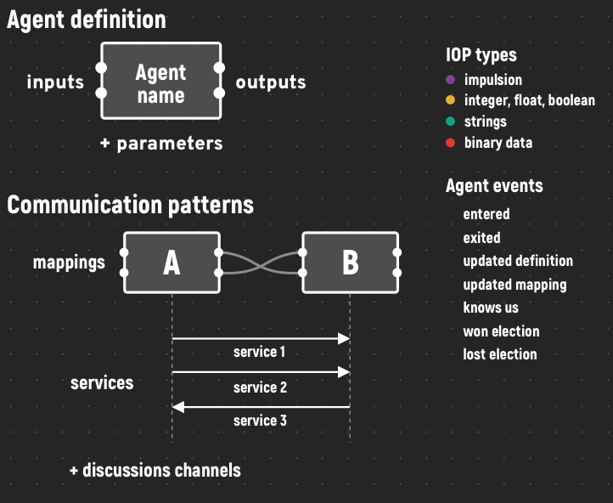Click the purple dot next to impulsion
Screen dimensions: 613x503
coord(450,80)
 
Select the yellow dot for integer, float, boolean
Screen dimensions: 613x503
coord(450,100)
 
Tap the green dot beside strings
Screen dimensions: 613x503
coord(450,122)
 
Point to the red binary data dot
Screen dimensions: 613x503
coord(450,143)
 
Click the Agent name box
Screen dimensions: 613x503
coord(161,81)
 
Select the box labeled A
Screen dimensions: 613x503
coord(172,263)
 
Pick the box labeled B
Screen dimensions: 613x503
coord(351,263)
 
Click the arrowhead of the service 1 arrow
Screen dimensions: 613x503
coord(344,338)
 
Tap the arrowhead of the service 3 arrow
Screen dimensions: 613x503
coord(178,407)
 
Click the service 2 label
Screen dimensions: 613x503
coord(260,387)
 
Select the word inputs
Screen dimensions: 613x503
coord(55,82)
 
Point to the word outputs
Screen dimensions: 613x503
coord(271,82)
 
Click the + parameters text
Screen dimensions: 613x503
coord(161,144)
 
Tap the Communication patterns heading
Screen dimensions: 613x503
coord(131,205)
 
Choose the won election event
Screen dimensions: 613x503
coord(501,331)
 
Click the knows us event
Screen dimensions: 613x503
coord(491,308)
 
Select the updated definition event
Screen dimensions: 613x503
coord(518,261)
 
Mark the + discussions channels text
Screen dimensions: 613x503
coord(155,470)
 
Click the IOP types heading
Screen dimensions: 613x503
coord(481,55)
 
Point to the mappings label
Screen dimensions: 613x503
coord(69,263)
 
